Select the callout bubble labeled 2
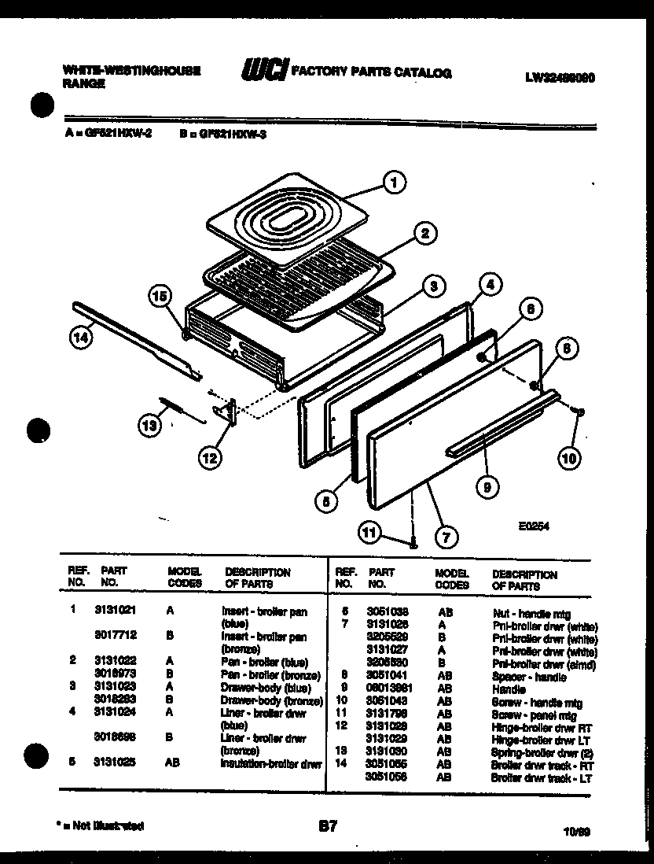click(x=424, y=233)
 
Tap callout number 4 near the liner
click(x=488, y=286)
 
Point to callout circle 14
click(x=79, y=338)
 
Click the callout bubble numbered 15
click(x=160, y=297)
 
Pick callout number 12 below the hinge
click(x=210, y=456)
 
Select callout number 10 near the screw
click(x=568, y=456)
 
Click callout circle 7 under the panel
click(x=445, y=538)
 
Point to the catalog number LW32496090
click(x=560, y=78)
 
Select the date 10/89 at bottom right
click(x=577, y=831)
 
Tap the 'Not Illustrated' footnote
click(x=101, y=826)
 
